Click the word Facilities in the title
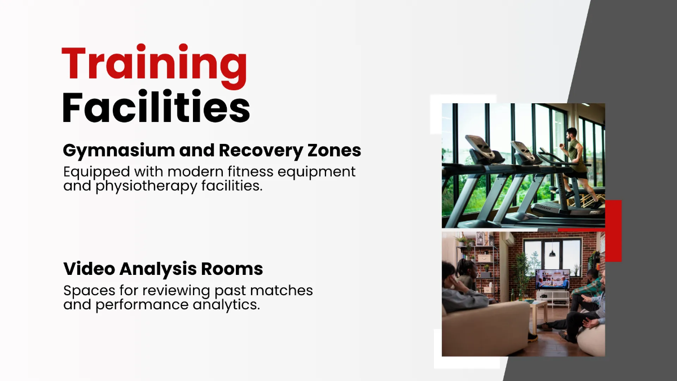[156, 107]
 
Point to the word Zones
[334, 150]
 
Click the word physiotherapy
[146, 186]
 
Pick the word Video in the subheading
[89, 269]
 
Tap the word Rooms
[232, 269]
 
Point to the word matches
[282, 291]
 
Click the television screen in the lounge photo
[552, 279]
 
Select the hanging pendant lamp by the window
[552, 253]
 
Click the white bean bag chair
[591, 340]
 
